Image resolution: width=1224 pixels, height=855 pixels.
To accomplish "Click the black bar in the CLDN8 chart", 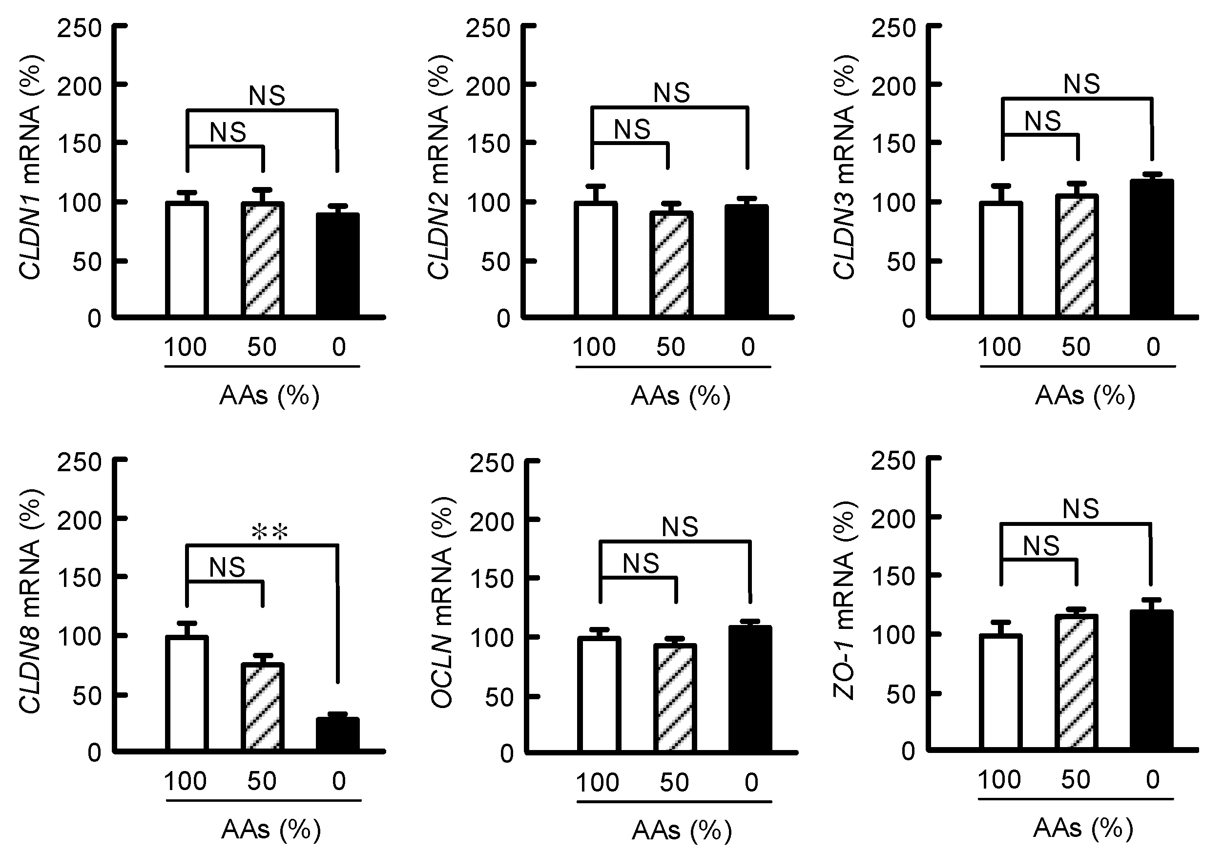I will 337,734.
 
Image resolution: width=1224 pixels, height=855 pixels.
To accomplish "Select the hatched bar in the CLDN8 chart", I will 262,707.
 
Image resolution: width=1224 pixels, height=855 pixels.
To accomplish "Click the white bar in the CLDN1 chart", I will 187,260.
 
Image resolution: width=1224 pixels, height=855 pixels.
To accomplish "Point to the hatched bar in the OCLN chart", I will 675,698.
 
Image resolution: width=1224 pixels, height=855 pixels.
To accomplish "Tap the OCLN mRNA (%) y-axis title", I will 441,603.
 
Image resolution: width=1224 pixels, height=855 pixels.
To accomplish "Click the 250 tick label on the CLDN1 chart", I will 80,28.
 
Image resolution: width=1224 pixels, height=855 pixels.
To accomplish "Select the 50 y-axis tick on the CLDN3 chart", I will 901,262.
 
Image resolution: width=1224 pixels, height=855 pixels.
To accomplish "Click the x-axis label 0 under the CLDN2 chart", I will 747,348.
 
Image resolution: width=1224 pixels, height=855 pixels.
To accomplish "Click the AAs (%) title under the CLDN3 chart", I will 1085,396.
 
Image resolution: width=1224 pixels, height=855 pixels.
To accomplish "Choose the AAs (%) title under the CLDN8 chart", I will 271,830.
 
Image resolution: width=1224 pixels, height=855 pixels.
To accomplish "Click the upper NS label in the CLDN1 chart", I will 267,96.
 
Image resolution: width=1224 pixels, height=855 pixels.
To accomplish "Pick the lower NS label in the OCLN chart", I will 641,563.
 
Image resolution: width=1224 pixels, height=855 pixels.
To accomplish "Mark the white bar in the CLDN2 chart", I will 596,260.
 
